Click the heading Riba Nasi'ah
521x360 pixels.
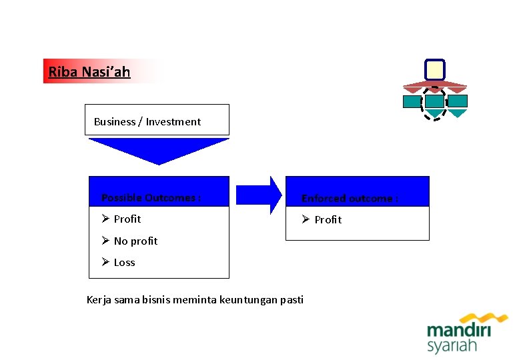89,71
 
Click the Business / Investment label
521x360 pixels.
147,121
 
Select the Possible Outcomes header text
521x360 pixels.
151,197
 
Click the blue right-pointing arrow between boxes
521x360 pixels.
259,194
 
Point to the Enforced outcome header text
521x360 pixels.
350,198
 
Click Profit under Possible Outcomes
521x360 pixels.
127,219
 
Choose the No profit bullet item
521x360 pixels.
135,241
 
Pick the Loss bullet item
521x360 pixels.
124,262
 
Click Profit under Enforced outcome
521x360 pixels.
328,219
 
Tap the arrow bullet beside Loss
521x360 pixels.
105,262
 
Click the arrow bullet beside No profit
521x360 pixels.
105,241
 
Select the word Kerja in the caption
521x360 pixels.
99,299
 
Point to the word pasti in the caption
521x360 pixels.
292,299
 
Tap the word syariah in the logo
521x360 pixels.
452,346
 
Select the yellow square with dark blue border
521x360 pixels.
434,69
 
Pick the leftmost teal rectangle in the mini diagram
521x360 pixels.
412,101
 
